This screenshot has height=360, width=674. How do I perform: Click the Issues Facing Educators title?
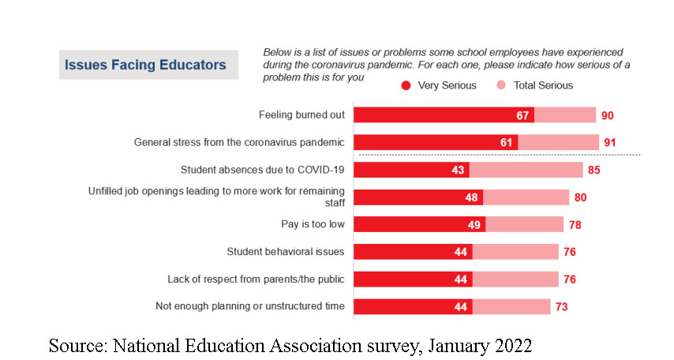(x=145, y=65)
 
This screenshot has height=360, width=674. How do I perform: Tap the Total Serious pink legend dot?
(x=500, y=85)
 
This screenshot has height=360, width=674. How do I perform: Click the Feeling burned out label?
(x=302, y=115)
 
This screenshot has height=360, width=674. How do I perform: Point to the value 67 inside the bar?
(x=521, y=115)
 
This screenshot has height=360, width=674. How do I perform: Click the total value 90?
(x=607, y=115)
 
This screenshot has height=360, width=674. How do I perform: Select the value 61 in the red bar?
(x=505, y=143)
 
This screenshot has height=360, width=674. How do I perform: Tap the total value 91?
(x=610, y=143)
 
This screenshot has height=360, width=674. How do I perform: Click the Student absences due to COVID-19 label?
(x=263, y=170)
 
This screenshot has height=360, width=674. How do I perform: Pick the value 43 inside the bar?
(x=457, y=170)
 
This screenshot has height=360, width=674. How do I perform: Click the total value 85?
(x=593, y=170)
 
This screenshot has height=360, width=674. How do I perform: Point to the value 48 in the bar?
(x=470, y=197)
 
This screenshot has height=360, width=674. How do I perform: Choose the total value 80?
(x=580, y=197)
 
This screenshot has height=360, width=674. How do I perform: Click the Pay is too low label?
(x=313, y=224)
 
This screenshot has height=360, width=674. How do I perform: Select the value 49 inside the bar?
(x=473, y=224)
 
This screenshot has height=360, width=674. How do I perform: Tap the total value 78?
(x=575, y=224)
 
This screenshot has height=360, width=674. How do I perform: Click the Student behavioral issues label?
(x=286, y=252)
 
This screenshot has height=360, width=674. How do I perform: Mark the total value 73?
(x=561, y=306)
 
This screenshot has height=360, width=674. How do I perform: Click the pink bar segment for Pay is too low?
(x=524, y=224)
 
